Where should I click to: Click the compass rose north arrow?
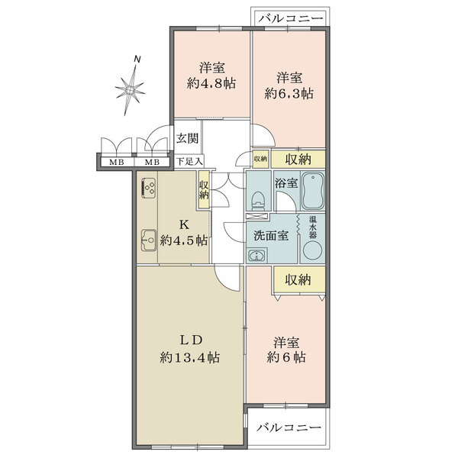pyautogui.click(x=131, y=88)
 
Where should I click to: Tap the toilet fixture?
pyautogui.click(x=259, y=200)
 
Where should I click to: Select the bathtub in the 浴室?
pyautogui.click(x=313, y=191)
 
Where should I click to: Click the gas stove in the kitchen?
pyautogui.click(x=148, y=187)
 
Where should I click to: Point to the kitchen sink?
pyautogui.click(x=149, y=240)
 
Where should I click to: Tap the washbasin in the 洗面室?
pyautogui.click(x=257, y=256)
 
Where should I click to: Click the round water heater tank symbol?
pyautogui.click(x=312, y=250)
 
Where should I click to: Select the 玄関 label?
pyautogui.click(x=188, y=138)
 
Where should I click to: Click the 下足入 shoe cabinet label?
pyautogui.click(x=189, y=161)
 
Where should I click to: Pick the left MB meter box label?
pyautogui.click(x=117, y=163)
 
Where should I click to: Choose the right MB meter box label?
pyautogui.click(x=152, y=163)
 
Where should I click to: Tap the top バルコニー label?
pyautogui.click(x=291, y=19)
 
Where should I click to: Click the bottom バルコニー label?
pyautogui.click(x=289, y=428)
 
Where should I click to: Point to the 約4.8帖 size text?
pyautogui.click(x=211, y=84)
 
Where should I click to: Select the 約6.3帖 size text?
pyautogui.click(x=289, y=94)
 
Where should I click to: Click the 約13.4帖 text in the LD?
pyautogui.click(x=190, y=357)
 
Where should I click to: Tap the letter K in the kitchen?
pyautogui.click(x=183, y=224)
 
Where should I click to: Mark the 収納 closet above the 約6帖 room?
pyautogui.click(x=298, y=280)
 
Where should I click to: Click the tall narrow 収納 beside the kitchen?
pyautogui.click(x=204, y=190)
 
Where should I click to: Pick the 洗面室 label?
pyautogui.click(x=271, y=235)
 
